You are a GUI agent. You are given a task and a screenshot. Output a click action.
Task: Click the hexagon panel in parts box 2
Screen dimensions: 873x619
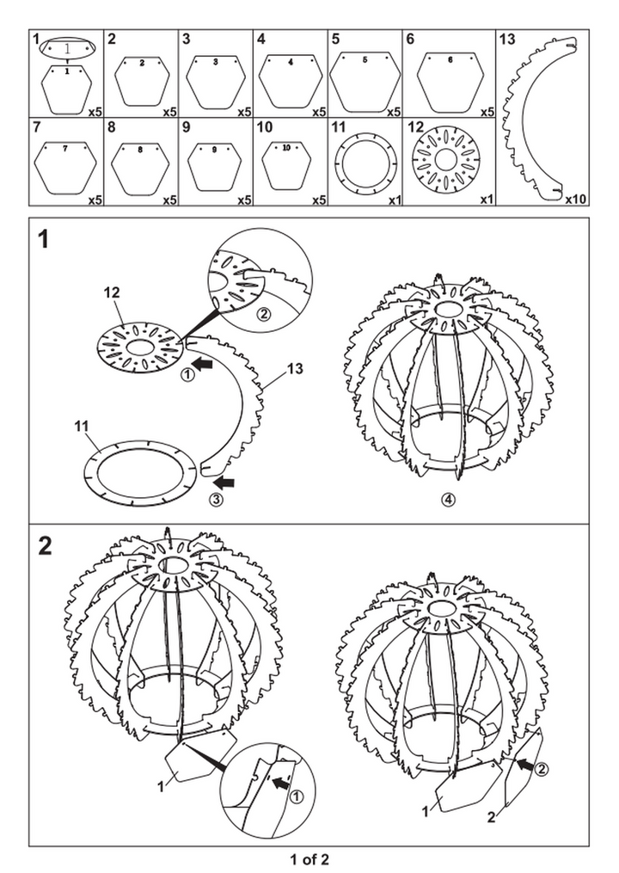click(x=142, y=80)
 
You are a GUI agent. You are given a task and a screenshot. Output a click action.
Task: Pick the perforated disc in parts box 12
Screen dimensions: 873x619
click(x=445, y=160)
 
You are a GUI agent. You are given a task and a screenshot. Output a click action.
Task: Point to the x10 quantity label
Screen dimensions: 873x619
click(x=575, y=199)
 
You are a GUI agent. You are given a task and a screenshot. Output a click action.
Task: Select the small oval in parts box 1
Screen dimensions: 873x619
click(x=66, y=50)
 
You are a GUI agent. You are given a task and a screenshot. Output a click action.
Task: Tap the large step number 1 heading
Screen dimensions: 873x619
click(x=44, y=242)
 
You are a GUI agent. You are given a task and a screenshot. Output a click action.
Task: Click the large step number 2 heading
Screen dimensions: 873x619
click(x=46, y=544)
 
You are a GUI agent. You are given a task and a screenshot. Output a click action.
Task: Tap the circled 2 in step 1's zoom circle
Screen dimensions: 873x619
click(x=264, y=314)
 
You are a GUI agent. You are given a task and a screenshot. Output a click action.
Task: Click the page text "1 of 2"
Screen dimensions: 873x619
click(x=309, y=858)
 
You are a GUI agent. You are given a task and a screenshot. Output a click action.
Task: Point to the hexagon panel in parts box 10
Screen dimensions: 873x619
click(x=286, y=161)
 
